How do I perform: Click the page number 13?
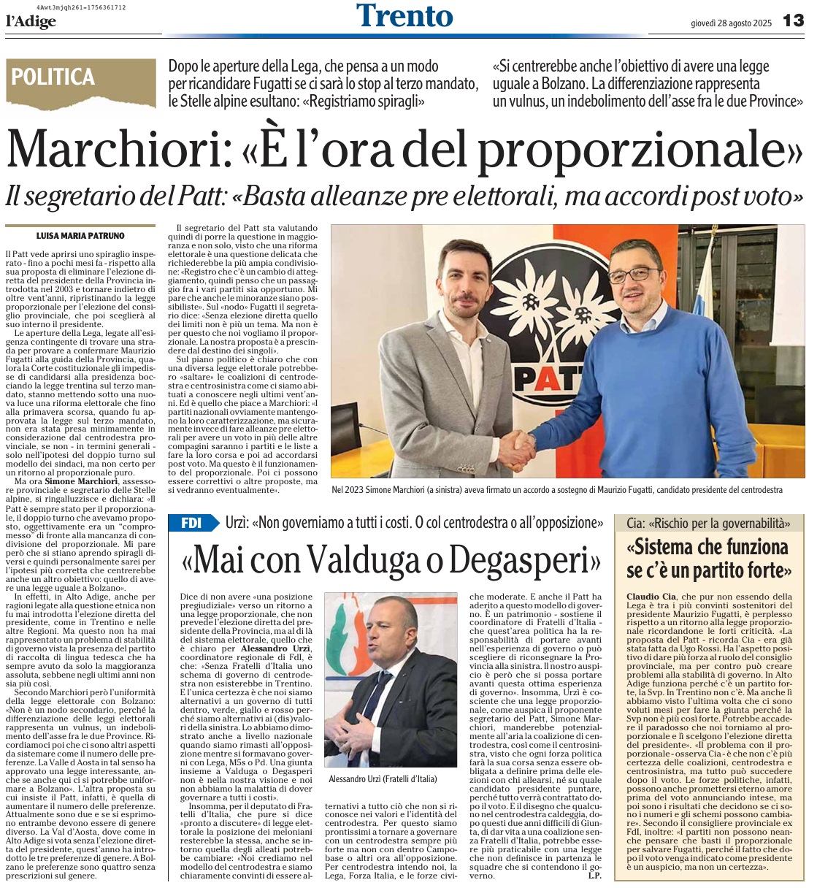pyautogui.click(x=793, y=21)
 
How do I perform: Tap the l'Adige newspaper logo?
pyautogui.click(x=31, y=22)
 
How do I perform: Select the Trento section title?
pyautogui.click(x=404, y=16)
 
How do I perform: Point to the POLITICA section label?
pyautogui.click(x=53, y=77)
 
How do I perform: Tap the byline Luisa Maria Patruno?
pyautogui.click(x=80, y=236)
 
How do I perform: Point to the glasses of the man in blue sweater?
pyautogui.click(x=634, y=275)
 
